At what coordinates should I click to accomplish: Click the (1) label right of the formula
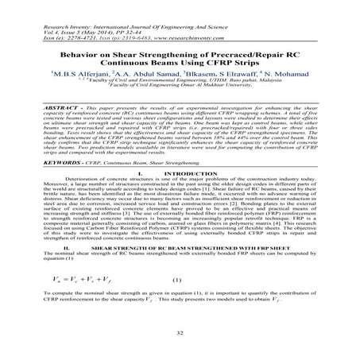click(176, 303)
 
